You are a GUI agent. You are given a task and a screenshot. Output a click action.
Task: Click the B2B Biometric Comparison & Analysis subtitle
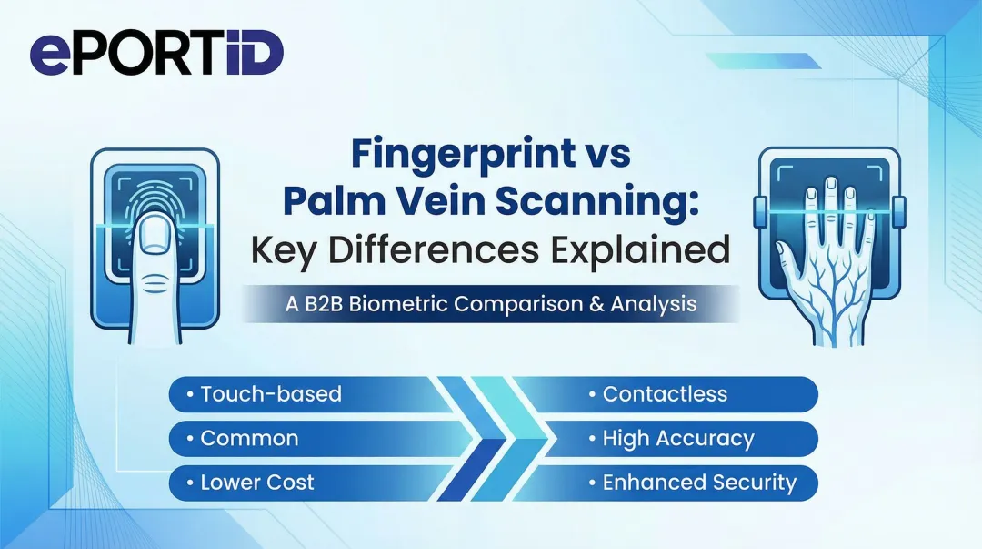[491, 304]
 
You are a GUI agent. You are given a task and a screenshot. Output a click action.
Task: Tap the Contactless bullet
[664, 393]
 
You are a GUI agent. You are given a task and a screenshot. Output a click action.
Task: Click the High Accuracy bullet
[677, 438]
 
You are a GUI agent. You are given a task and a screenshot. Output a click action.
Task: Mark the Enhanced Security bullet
[698, 483]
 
